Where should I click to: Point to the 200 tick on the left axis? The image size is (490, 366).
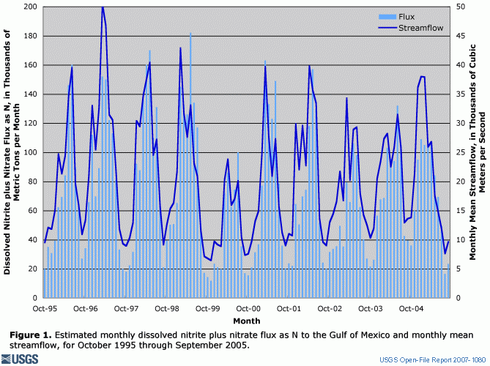point(31,7)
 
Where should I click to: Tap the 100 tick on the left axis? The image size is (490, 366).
point(31,152)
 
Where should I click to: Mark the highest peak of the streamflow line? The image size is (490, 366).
point(103,7)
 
